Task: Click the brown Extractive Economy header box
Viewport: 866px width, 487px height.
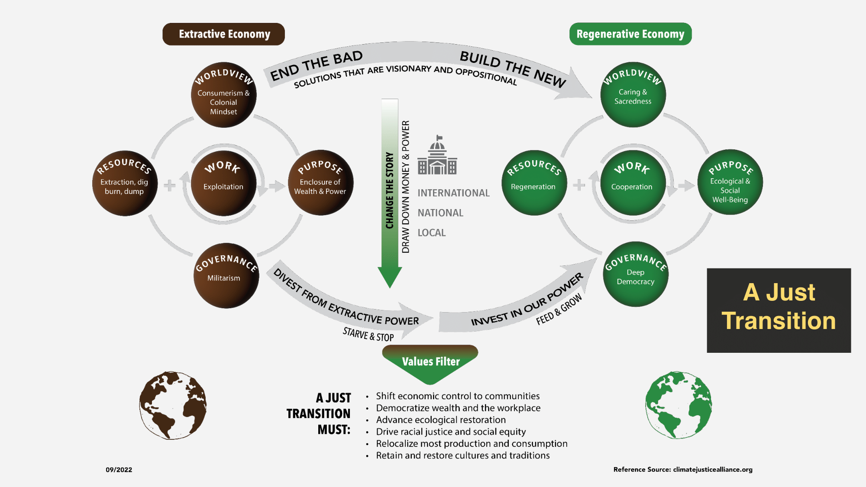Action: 223,34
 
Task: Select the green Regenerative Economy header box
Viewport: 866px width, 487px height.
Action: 630,34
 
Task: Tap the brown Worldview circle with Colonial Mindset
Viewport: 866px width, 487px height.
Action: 223,95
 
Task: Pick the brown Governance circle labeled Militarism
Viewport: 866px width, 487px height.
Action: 226,276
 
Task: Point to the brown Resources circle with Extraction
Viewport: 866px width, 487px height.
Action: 125,183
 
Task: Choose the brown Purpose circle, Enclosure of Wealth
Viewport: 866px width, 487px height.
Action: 320,183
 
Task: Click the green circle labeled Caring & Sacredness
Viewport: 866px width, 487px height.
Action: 633,95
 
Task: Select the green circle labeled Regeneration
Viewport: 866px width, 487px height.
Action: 533,183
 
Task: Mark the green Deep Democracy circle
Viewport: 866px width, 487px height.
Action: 635,274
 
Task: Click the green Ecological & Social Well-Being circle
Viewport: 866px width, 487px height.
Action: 730,182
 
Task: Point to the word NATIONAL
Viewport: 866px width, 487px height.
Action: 440,213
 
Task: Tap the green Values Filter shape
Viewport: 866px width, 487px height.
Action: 430,362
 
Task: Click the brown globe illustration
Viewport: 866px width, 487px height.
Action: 173,405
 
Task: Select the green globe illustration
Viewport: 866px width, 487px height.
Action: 679,405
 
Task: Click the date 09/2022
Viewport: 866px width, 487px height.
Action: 119,470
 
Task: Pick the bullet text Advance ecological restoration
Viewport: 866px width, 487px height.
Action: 441,420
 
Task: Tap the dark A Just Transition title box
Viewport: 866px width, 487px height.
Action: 779,310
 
